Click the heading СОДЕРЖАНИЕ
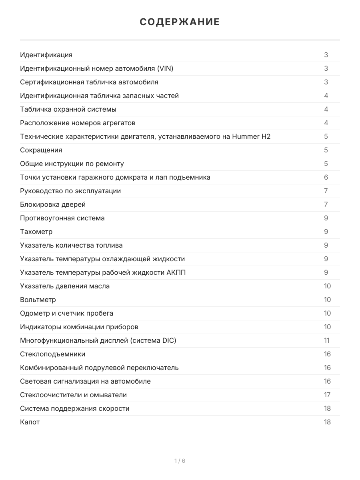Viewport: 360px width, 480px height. (x=180, y=22)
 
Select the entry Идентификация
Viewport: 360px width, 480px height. (x=46, y=55)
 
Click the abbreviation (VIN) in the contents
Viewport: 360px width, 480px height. (x=165, y=68)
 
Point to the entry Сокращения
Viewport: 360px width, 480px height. (x=41, y=150)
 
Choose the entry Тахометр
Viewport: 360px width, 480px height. (x=36, y=232)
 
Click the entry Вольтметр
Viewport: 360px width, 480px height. (x=38, y=300)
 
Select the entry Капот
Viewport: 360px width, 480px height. (x=30, y=422)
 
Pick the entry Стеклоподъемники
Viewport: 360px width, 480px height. (x=52, y=354)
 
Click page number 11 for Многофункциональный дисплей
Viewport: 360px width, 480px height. (x=327, y=340)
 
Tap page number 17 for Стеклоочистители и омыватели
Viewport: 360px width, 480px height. (x=327, y=395)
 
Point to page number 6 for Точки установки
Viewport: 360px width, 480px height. (x=326, y=177)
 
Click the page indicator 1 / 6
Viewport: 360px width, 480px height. (x=180, y=461)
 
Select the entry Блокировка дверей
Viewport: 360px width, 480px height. (x=53, y=204)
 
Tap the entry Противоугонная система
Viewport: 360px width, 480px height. (x=62, y=218)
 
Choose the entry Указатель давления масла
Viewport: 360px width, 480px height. (x=65, y=286)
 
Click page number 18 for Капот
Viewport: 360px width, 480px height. (x=327, y=422)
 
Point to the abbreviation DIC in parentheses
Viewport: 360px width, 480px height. (x=168, y=340)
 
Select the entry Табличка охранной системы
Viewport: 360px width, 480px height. (x=68, y=109)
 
